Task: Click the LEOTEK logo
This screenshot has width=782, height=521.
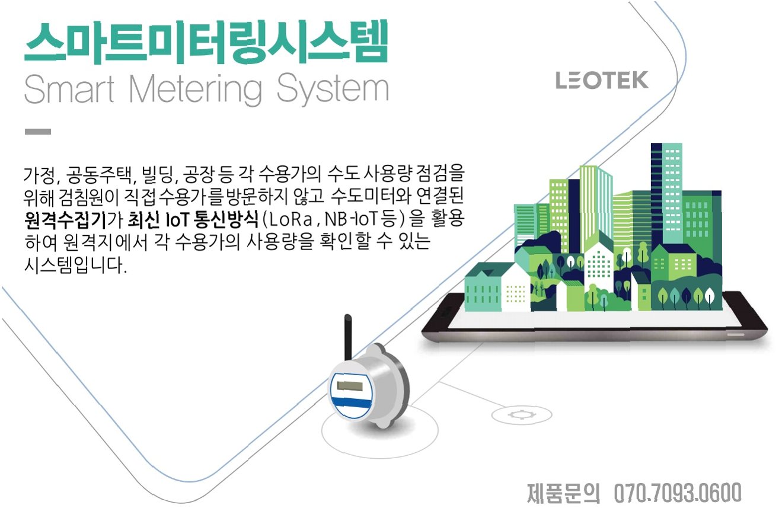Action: coord(602,81)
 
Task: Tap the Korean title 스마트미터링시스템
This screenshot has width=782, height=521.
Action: coord(206,43)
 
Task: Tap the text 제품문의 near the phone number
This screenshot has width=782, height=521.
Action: coord(563,493)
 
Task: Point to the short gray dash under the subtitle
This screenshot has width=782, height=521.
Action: coord(37,132)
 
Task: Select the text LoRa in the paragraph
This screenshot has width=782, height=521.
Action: coord(290,220)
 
